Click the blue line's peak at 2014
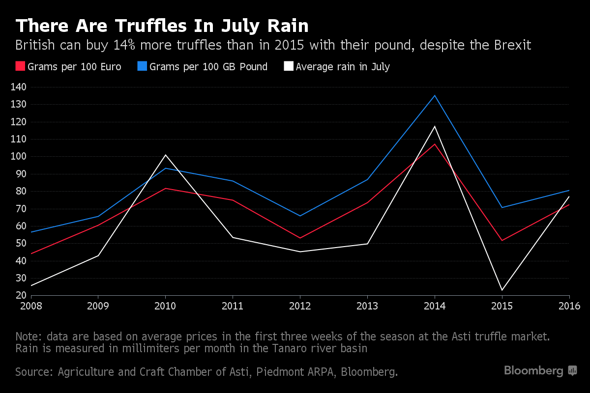click(435, 96)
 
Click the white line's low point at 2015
click(502, 290)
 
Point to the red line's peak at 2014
click(435, 144)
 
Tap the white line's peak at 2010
click(165, 155)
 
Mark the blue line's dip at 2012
click(300, 216)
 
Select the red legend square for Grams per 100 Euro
click(20, 66)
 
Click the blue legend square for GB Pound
click(142, 66)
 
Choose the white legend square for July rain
click(289, 66)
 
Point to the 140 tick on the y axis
click(19, 87)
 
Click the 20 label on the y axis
click(21, 295)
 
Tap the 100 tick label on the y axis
click(19, 156)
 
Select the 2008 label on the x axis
click(31, 306)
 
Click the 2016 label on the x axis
click(569, 306)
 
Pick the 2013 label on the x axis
click(367, 306)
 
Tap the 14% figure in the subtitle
click(124, 45)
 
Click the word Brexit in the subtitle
click(512, 45)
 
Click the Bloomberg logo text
click(533, 371)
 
